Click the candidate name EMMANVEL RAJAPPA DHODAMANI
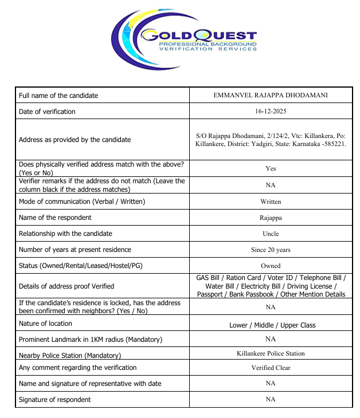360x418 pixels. click(x=271, y=95)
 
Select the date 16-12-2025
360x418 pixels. click(x=271, y=111)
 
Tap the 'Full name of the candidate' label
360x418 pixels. click(x=58, y=95)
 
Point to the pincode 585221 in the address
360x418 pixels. click(x=334, y=144)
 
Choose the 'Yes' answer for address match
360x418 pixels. click(x=271, y=168)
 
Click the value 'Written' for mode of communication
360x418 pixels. click(x=271, y=202)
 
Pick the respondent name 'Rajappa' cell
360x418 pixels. click(x=271, y=218)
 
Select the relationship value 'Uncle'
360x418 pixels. click(x=271, y=234)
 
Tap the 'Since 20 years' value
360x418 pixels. click(x=271, y=250)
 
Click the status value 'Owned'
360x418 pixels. click(x=271, y=266)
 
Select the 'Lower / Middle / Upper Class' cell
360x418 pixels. click(x=272, y=325)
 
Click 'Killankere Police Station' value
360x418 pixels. click(x=271, y=353)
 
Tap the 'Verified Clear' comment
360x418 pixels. click(x=271, y=368)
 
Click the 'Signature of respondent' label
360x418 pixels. click(x=55, y=399)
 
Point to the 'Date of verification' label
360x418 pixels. click(x=47, y=111)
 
